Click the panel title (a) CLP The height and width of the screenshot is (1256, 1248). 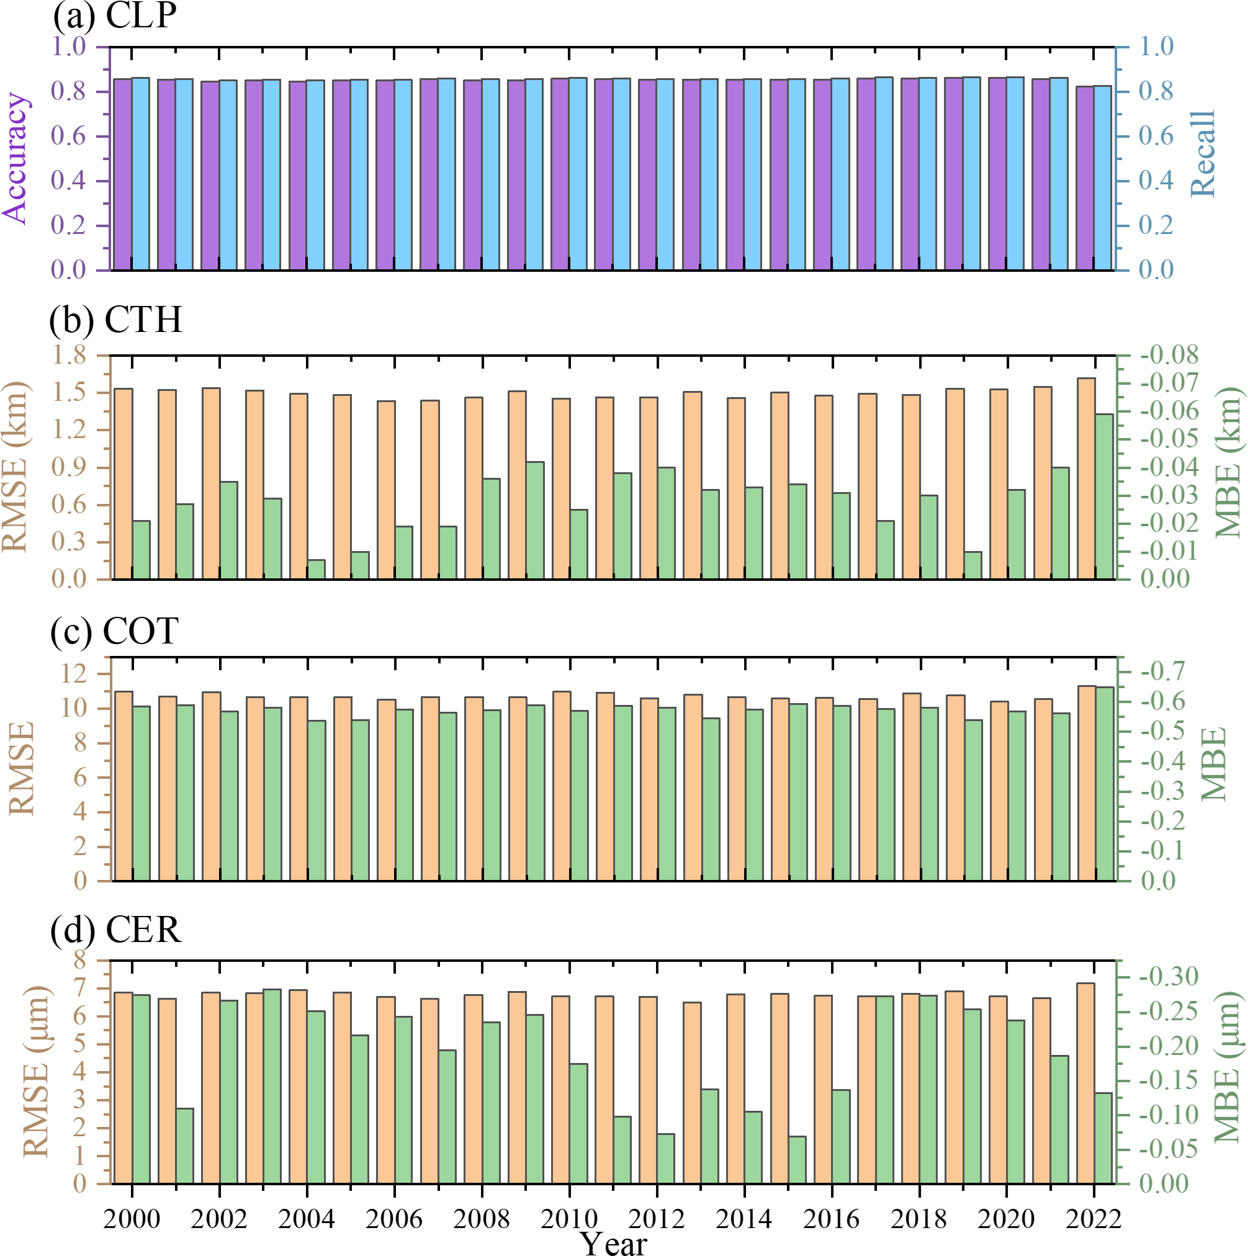pos(114,16)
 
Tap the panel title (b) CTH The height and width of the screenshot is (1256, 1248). pos(115,320)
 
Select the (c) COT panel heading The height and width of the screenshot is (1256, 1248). pos(114,630)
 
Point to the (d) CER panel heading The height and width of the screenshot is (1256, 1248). pos(115,930)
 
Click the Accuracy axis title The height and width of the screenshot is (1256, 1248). pos(16,158)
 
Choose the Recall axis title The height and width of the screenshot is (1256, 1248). pos(1202,153)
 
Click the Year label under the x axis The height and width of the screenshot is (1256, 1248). pos(614,1242)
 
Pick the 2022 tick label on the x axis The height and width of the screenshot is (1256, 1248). pos(1094,1218)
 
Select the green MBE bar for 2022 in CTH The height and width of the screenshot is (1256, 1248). pos(1103,496)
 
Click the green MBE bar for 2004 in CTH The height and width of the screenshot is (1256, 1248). pos(316,570)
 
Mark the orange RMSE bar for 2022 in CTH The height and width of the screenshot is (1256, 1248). pos(1086,478)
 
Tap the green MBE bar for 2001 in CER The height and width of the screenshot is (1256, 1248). pos(184,1146)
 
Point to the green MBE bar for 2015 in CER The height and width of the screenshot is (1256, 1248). pos(797,1160)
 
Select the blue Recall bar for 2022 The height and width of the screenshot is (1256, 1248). pos(1103,177)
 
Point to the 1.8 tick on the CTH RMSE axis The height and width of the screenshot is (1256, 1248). pos(69,355)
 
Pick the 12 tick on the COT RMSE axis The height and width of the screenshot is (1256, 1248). pos(73,674)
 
